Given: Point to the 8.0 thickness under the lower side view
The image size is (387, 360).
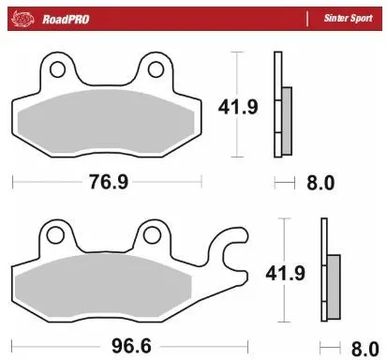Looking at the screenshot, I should (363, 345).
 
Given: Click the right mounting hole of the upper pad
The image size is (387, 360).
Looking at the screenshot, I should (156, 69).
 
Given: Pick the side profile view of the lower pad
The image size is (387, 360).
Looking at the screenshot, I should (328, 272).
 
